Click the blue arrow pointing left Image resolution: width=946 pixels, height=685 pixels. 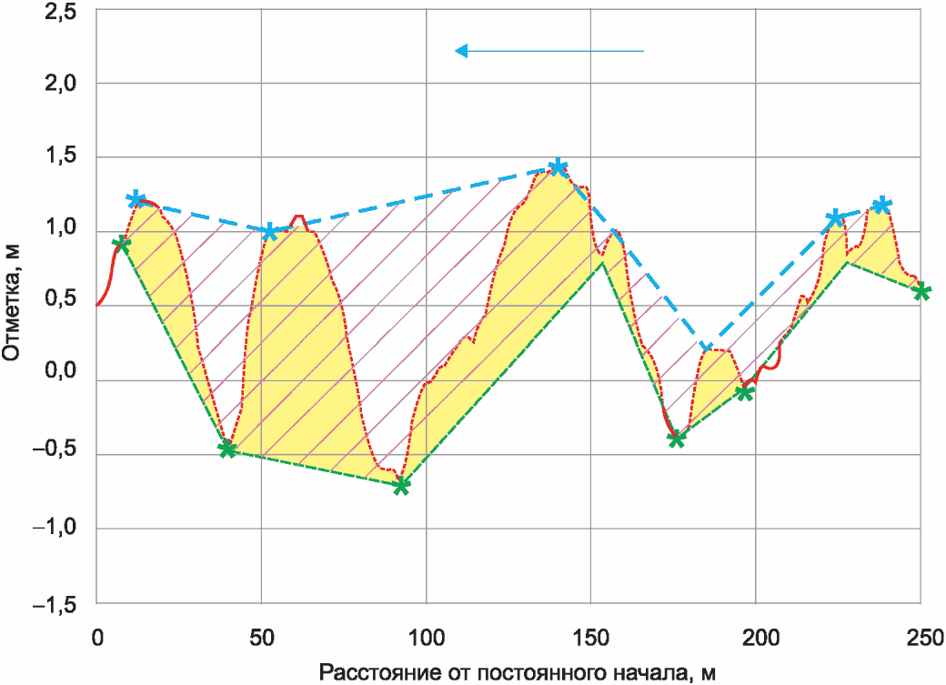549,51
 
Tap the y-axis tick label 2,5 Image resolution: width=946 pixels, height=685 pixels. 60,12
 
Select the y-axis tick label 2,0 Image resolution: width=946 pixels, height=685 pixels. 60,84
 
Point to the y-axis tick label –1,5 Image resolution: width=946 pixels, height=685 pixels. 55,603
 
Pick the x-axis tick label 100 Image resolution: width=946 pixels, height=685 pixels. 426,638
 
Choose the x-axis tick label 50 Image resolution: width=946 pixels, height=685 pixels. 261,638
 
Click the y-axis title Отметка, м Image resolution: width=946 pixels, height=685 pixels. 11,302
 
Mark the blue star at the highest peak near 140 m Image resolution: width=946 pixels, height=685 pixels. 559,166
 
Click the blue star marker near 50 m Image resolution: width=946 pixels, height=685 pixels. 269,231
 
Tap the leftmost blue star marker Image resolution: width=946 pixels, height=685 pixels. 136,199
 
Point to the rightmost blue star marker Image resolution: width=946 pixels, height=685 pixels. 882,205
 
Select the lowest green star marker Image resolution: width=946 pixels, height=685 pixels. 402,485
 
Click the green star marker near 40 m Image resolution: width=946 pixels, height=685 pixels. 227,448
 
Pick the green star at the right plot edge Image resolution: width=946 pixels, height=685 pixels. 921,292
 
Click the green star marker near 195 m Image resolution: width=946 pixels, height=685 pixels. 745,392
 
